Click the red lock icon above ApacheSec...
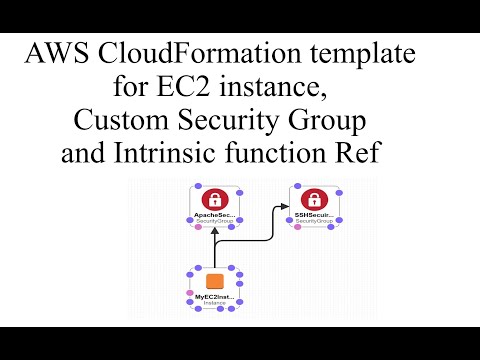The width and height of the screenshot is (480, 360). click(x=215, y=198)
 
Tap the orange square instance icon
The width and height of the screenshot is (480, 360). click(x=213, y=281)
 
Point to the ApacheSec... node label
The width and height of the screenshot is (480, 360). click(x=214, y=214)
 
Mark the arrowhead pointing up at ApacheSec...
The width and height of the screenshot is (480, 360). click(x=213, y=233)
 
